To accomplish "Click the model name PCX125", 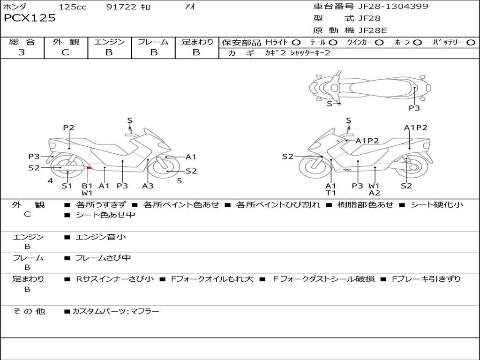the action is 30,18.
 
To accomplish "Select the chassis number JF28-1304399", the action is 393,6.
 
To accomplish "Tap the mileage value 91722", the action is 121,7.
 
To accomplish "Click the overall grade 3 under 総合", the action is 22,52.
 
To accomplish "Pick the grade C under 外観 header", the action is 65,52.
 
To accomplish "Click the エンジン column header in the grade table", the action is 109,42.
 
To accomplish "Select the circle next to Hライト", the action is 296,43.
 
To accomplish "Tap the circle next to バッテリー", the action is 471,43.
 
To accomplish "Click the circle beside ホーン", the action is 417,43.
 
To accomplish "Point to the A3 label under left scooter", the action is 148,186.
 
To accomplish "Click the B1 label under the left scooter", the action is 87,186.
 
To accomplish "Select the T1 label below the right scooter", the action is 330,193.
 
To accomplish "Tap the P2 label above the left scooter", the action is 68,127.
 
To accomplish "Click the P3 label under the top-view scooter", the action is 414,108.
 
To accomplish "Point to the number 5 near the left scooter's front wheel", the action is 180,181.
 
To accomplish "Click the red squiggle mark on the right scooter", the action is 347,170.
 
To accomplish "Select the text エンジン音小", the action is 101,237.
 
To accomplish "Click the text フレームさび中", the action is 103,258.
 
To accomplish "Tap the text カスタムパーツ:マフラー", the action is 116,312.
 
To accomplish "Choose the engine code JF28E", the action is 373,30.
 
